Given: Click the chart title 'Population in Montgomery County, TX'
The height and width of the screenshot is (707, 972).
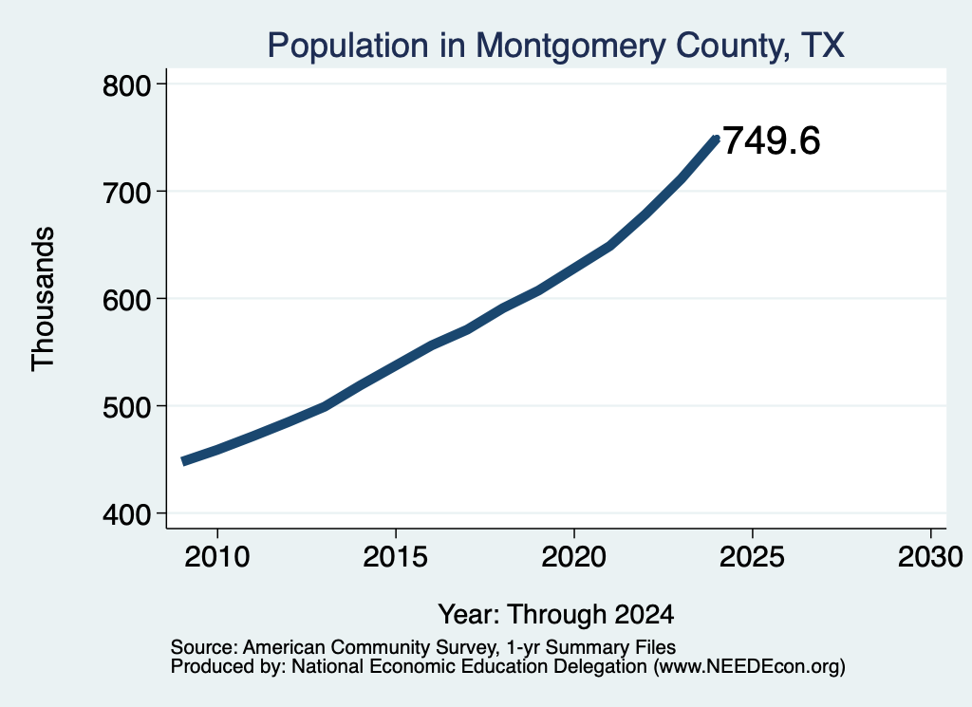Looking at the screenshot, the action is [x=555, y=46].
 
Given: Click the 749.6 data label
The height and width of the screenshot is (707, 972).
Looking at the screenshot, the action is [x=771, y=140].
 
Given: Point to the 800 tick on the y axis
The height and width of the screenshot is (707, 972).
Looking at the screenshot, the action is [x=126, y=85].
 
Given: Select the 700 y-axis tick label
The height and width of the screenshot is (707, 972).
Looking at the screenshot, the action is [x=126, y=193].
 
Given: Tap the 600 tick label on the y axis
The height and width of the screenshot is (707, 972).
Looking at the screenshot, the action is [x=126, y=300].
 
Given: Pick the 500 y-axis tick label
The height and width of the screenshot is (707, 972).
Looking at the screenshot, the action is [x=126, y=407].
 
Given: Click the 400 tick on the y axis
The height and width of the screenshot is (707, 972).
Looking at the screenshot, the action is [x=126, y=514].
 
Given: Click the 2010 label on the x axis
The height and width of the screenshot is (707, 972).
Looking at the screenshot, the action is [x=217, y=556].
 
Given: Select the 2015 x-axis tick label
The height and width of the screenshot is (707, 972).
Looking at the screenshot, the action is [x=396, y=556].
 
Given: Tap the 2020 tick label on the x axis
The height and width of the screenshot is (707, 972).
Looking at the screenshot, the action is [x=574, y=556].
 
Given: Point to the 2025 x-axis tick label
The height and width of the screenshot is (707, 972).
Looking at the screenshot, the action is [x=752, y=556].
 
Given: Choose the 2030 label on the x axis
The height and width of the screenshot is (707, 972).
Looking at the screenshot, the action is [x=930, y=556].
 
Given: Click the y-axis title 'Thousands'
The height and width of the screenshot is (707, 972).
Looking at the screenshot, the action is [x=44, y=299].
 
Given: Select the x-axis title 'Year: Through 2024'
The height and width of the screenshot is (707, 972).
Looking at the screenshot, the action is [x=556, y=614].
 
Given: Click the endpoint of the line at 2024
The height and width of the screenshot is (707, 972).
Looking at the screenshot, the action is [x=716, y=140].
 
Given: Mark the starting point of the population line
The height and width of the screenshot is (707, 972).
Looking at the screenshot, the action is [x=183, y=461].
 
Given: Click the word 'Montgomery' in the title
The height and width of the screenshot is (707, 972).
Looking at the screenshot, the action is [x=570, y=47].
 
